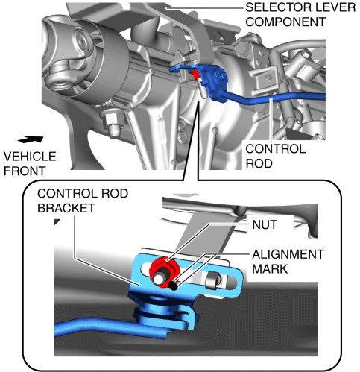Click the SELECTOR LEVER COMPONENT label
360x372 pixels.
tap(300, 15)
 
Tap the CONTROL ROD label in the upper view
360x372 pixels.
tap(275, 156)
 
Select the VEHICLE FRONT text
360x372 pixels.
tap(30, 163)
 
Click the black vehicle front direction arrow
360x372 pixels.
tap(31, 139)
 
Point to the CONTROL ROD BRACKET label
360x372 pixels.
tap(83, 201)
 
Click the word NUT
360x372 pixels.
tap(265, 224)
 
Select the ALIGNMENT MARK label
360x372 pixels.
tap(288, 262)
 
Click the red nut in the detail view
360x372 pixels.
tap(165, 271)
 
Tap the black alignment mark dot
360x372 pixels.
tap(173, 286)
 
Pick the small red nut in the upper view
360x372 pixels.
tap(196, 75)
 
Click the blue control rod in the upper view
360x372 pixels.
tap(274, 98)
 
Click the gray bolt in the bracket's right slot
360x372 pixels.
tap(212, 280)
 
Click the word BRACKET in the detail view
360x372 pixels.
tap(66, 208)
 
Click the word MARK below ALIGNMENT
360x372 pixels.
tap(270, 269)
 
